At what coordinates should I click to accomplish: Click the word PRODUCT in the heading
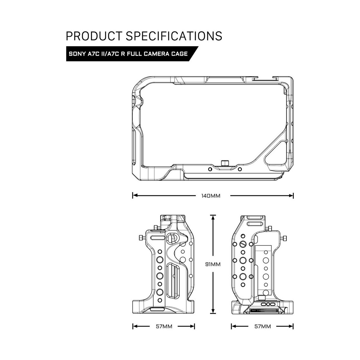point(93,36)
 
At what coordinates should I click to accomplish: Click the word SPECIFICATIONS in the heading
point(173,36)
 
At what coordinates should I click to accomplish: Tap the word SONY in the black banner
point(77,54)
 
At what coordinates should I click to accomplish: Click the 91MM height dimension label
point(213,264)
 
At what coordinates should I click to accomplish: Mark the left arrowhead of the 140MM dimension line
point(135,196)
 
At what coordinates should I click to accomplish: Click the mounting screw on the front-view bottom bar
point(224,163)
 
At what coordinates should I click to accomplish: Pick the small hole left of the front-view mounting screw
point(210,169)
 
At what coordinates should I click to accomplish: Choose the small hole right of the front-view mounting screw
point(239,169)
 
